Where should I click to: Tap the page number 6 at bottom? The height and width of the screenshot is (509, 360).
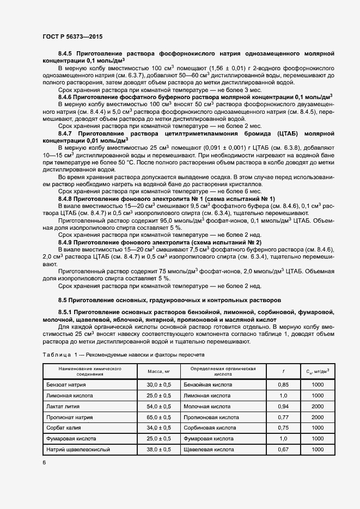44,463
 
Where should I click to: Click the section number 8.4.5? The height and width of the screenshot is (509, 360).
65,54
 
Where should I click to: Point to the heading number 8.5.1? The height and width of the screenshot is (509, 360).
67,311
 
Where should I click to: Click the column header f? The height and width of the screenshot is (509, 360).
283,372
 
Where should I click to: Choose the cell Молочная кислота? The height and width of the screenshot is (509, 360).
206,406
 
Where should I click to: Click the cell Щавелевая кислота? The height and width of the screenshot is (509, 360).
209,450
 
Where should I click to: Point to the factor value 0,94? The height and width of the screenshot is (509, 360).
283,406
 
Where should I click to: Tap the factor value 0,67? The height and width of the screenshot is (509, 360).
283,450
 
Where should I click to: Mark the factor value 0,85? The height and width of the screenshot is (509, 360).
283,384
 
